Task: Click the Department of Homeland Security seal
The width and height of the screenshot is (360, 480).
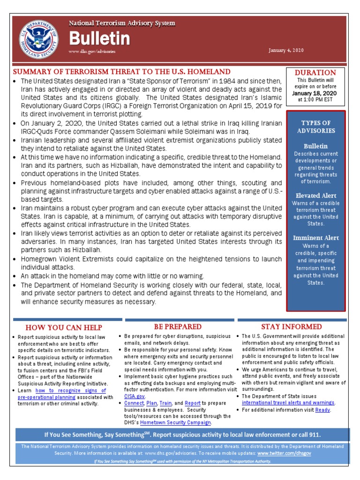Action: click(x=39, y=38)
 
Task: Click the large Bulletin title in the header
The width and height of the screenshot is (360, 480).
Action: click(x=99, y=38)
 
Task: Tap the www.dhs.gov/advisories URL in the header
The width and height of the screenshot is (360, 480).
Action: click(x=92, y=51)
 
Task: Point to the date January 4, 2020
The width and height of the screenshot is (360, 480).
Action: click(x=286, y=50)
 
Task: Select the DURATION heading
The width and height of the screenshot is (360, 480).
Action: click(x=315, y=73)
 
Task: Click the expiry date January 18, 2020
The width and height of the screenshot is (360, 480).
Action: click(x=315, y=93)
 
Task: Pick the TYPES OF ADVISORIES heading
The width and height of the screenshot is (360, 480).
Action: click(x=316, y=127)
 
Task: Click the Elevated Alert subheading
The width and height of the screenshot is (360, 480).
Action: click(x=316, y=195)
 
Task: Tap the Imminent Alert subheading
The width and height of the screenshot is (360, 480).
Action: click(x=316, y=238)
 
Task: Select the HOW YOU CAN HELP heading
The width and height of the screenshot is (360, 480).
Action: click(x=64, y=327)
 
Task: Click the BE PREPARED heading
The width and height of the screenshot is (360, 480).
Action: click(x=178, y=326)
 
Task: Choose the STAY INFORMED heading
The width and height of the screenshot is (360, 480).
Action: click(x=291, y=326)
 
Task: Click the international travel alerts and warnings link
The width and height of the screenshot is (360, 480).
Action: click(x=288, y=403)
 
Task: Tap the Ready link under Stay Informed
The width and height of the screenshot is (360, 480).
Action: click(x=322, y=410)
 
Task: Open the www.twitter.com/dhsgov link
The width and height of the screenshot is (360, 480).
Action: click(x=284, y=454)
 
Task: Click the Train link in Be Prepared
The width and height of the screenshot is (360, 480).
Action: click(x=165, y=403)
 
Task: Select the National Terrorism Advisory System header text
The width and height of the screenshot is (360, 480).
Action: click(x=122, y=23)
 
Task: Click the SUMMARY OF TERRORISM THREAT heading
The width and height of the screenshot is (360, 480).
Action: click(x=121, y=72)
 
